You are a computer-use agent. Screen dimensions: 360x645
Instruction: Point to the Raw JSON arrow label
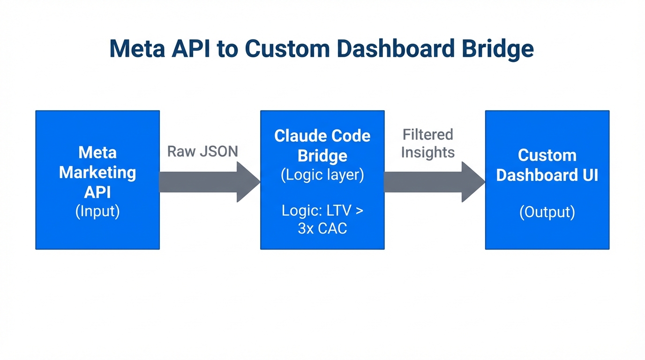(x=202, y=151)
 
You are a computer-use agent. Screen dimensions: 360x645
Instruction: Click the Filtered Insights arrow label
(x=427, y=143)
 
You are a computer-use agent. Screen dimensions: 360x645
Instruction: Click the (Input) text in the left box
(x=97, y=211)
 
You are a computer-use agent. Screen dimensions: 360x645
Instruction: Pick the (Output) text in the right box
(x=547, y=212)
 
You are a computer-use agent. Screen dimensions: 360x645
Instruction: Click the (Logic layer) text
(x=322, y=175)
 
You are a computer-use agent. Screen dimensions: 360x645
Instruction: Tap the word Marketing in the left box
(x=97, y=172)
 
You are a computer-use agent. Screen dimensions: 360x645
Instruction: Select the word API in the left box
(x=97, y=192)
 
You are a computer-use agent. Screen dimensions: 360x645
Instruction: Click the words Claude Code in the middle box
(x=322, y=136)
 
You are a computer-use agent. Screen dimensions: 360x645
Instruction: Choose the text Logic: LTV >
(x=322, y=210)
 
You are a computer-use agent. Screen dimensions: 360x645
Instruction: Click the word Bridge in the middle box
(x=322, y=156)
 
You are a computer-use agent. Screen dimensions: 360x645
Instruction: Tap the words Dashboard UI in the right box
(x=547, y=175)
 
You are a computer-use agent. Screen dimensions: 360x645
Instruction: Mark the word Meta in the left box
(x=97, y=152)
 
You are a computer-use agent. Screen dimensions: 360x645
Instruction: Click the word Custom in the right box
(x=547, y=155)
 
